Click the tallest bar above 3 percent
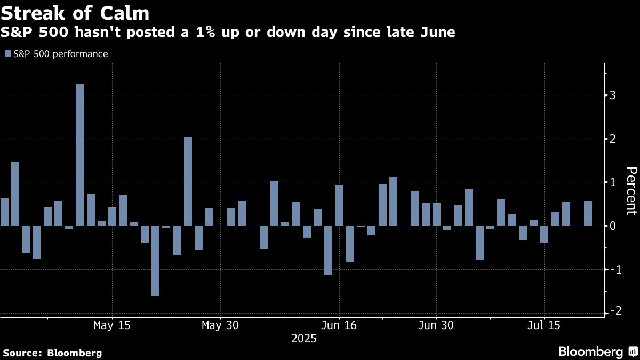coord(80,155)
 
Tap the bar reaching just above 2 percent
coord(188,181)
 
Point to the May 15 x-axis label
coord(112,325)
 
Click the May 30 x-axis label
coord(220,325)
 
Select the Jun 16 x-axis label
coord(339,325)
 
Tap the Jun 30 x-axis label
coord(436,325)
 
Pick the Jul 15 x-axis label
coord(545,325)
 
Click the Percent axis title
coord(631,190)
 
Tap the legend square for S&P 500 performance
coord(7,54)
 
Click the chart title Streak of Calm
coord(75,12)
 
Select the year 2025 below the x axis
coord(304,339)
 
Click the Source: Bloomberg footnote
coord(52,353)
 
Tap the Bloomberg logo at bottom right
coord(597,351)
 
